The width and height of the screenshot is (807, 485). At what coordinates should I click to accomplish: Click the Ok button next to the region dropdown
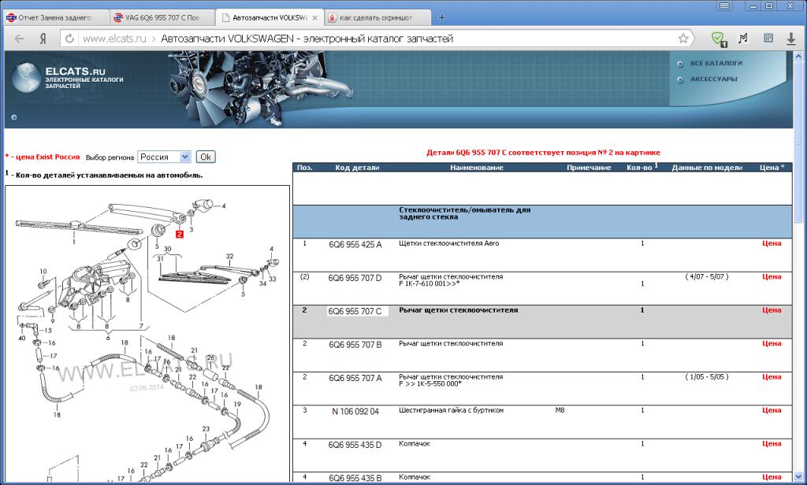(x=206, y=157)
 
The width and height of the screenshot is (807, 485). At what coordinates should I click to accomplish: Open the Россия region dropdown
(x=165, y=157)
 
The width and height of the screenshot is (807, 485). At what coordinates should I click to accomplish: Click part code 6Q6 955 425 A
(x=355, y=245)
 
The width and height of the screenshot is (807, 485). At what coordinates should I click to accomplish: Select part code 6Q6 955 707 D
(x=355, y=278)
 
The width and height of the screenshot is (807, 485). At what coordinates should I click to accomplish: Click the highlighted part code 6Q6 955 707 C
(x=355, y=311)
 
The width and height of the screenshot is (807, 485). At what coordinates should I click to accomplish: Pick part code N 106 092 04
(x=355, y=412)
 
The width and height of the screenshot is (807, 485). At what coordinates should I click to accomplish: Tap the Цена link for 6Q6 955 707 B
(x=772, y=343)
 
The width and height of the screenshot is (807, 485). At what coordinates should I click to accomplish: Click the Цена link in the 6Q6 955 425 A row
(x=772, y=243)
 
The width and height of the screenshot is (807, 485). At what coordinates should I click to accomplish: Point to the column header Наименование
(x=477, y=168)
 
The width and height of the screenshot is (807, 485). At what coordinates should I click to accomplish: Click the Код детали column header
(x=357, y=168)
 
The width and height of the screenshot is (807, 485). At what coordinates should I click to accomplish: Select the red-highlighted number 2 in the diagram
(x=179, y=234)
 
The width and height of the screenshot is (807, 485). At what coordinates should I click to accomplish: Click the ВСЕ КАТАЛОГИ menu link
(x=716, y=63)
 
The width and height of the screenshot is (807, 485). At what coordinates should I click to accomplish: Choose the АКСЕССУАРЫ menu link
(x=713, y=80)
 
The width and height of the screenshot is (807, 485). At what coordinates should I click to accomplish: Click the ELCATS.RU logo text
(x=75, y=72)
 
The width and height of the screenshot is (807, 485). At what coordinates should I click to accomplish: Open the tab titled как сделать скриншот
(x=376, y=17)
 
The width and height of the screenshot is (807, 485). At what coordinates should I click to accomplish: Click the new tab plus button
(x=441, y=17)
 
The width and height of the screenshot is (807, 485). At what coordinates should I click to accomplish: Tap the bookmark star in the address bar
(x=683, y=39)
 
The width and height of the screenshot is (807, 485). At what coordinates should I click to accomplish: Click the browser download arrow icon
(x=791, y=39)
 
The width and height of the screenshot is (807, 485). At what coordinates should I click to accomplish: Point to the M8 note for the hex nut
(x=560, y=410)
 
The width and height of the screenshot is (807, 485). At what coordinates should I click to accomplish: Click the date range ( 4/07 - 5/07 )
(x=707, y=276)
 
